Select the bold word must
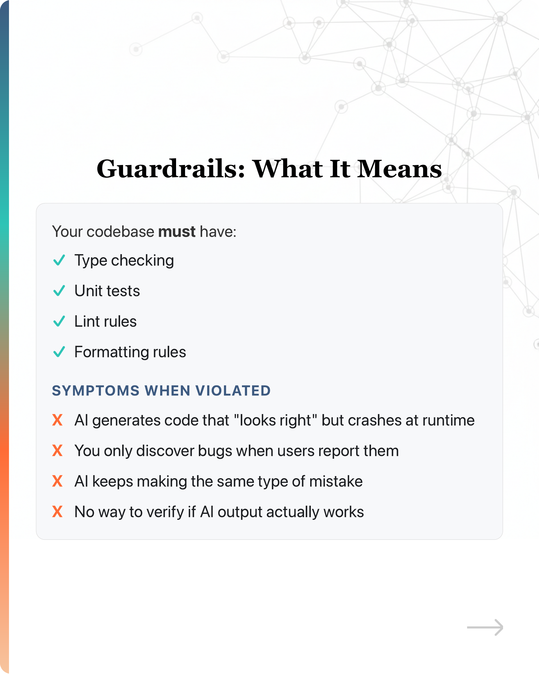pyautogui.click(x=177, y=232)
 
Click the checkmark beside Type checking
pyautogui.click(x=59, y=260)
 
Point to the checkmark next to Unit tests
pyautogui.click(x=59, y=291)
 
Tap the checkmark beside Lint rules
pyautogui.click(x=59, y=321)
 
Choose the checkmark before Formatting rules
pyautogui.click(x=59, y=352)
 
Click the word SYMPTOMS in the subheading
pyautogui.click(x=96, y=391)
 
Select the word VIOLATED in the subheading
pyautogui.click(x=233, y=391)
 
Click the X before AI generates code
pyautogui.click(x=57, y=420)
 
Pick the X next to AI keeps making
pyautogui.click(x=57, y=481)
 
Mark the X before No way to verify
pyautogui.click(x=57, y=512)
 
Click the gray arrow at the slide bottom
pyautogui.click(x=485, y=627)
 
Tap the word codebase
pyautogui.click(x=120, y=232)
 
